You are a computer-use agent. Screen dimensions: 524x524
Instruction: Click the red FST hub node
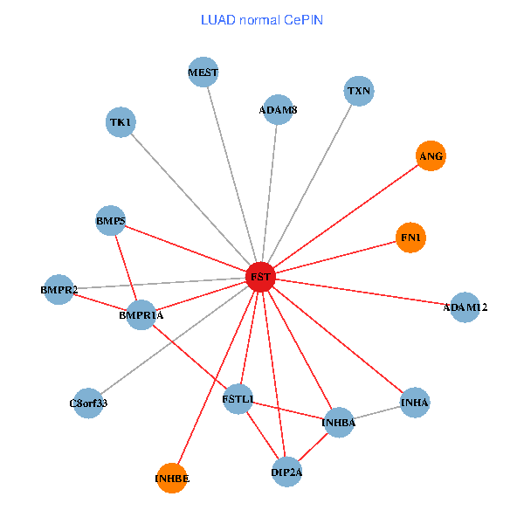[x=260, y=278]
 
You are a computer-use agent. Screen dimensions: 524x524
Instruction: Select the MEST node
[x=203, y=72]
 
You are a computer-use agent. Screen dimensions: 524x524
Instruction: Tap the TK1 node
[x=121, y=122]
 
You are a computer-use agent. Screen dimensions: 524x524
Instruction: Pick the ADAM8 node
[x=278, y=111]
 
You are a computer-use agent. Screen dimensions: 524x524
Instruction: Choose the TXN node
[x=359, y=91]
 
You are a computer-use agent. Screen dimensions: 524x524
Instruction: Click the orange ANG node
[x=431, y=156]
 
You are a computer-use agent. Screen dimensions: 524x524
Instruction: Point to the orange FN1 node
[x=410, y=238]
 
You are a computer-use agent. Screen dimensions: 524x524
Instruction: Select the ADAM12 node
[x=465, y=307]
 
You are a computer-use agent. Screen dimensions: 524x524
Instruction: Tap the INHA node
[x=415, y=402]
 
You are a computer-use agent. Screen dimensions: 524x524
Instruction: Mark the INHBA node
[x=339, y=423]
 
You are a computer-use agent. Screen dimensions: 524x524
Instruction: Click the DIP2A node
[x=286, y=472]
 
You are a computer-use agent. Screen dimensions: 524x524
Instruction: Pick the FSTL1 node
[x=238, y=399]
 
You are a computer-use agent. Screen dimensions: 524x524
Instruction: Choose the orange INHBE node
[x=172, y=479]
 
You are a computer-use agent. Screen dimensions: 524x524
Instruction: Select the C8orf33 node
[x=88, y=403]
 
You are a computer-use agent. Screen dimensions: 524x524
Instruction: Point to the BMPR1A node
[x=141, y=314]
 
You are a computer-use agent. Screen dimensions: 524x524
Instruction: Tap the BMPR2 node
[x=59, y=289]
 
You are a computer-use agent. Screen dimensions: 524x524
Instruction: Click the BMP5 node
[x=111, y=222]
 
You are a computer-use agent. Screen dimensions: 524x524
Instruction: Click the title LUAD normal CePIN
[x=261, y=19]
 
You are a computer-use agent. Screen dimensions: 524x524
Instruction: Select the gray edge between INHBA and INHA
[x=377, y=412]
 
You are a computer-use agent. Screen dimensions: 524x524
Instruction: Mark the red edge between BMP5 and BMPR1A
[x=127, y=268]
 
